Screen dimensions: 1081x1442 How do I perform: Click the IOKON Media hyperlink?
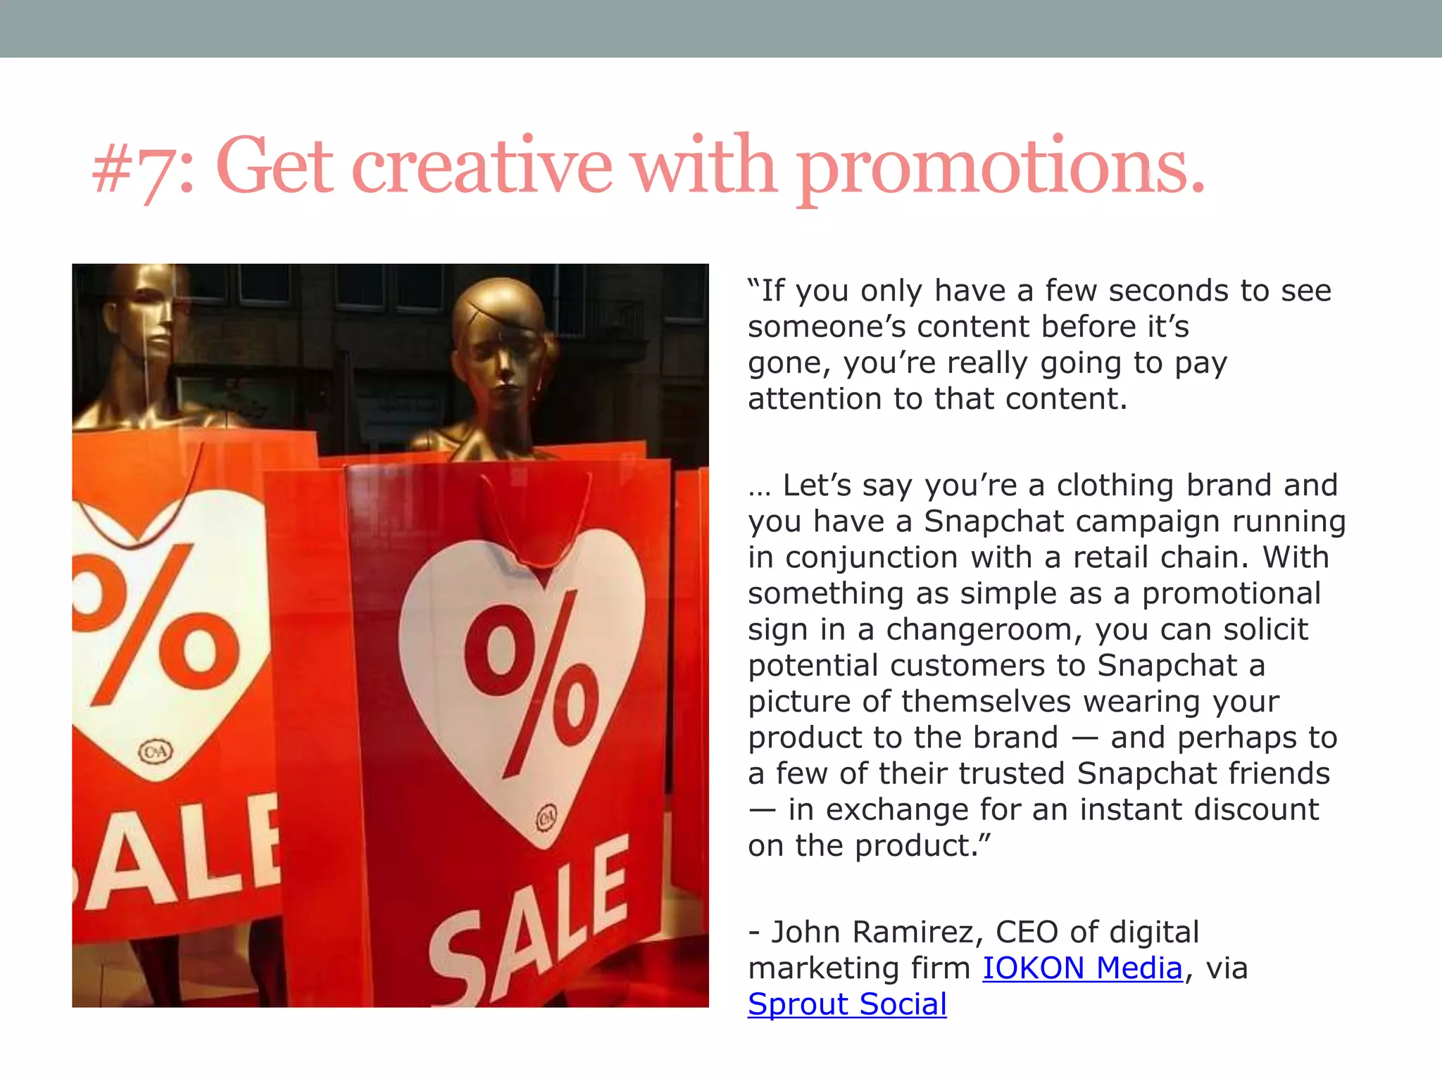pyautogui.click(x=1082, y=968)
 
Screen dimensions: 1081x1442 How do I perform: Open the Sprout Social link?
pyautogui.click(x=847, y=1004)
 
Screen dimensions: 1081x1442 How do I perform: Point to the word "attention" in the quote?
pyautogui.click(x=814, y=399)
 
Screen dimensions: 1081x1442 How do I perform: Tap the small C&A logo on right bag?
pyautogui.click(x=546, y=818)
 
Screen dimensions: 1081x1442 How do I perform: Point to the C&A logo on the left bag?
pyautogui.click(x=156, y=752)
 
